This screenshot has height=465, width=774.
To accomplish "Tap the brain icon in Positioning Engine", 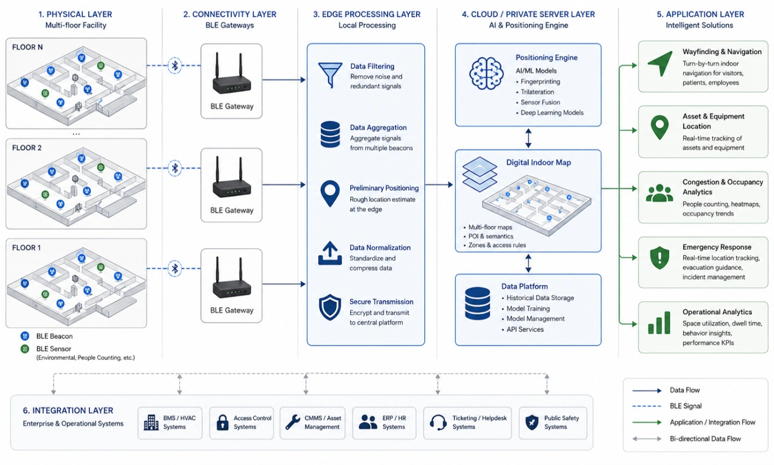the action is [486, 74].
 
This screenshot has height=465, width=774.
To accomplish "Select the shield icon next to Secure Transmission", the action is [330, 307].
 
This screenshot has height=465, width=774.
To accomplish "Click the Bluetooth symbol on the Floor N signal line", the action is [175, 65].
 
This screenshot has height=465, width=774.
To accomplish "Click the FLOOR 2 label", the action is [27, 148].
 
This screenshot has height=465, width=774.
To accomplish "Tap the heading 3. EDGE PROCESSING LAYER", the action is [366, 14].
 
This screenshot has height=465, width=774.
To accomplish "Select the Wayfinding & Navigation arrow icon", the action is [660, 63].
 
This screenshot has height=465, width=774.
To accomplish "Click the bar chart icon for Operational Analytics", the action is [659, 322].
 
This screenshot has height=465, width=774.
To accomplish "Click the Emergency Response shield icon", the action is [659, 257].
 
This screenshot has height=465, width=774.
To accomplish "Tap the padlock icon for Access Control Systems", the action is [222, 422].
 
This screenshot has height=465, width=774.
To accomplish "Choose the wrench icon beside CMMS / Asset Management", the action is [293, 422].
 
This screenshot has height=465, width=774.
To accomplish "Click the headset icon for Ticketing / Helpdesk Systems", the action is [438, 422].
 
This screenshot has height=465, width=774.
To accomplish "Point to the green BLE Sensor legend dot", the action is [25, 349].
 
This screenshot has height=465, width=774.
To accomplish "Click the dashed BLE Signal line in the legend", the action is [646, 406].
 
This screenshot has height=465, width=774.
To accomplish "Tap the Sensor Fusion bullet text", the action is [540, 102].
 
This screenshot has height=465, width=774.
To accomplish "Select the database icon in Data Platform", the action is [477, 303].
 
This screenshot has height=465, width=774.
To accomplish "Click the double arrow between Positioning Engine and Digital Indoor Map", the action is [528, 138].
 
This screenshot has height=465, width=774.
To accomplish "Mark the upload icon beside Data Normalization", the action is [330, 253].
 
